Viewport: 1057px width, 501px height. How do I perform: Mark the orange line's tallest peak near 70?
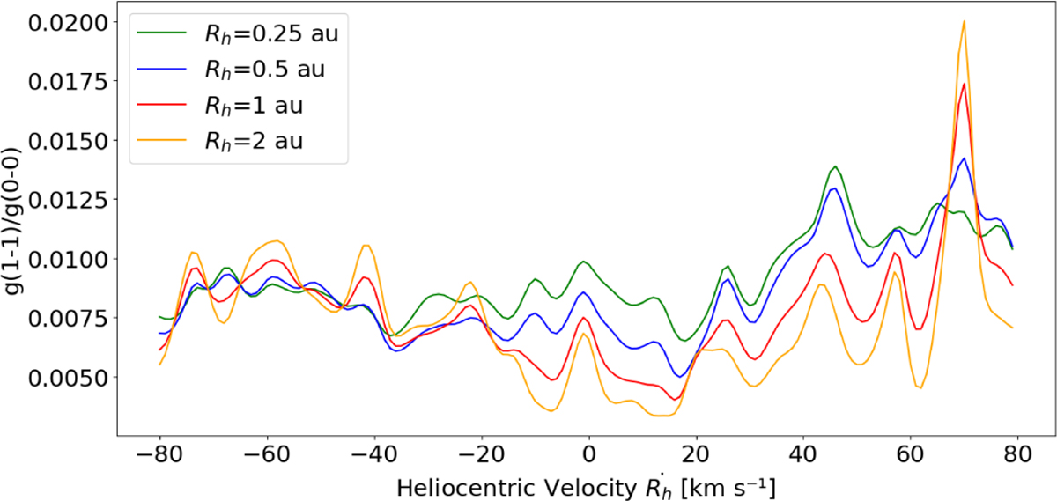click(965, 22)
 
